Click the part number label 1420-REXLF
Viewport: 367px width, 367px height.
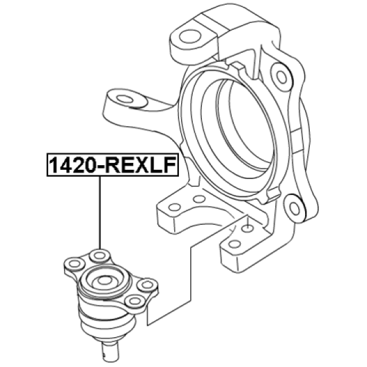pos(112,165)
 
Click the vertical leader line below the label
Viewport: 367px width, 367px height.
pos(100,213)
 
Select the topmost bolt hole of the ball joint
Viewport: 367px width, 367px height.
pos(100,255)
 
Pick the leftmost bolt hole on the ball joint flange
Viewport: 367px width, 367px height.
pos(74,264)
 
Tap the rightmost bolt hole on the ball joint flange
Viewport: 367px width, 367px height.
pos(147,284)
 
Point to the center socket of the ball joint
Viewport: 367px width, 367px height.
pos(105,280)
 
